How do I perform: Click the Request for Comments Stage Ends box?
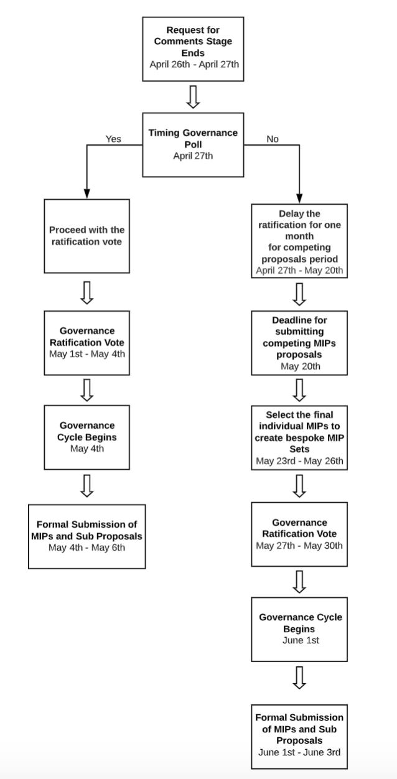click(193, 49)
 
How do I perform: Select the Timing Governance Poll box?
click(193, 144)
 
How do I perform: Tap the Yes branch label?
click(113, 139)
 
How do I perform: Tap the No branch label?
click(273, 139)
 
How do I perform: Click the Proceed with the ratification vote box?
click(87, 236)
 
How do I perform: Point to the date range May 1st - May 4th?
click(87, 354)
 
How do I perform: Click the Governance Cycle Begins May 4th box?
click(87, 437)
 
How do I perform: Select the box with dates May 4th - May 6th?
click(87, 536)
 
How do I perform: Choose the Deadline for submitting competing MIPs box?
click(299, 343)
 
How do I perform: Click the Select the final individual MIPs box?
click(299, 437)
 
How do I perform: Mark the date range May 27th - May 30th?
click(299, 546)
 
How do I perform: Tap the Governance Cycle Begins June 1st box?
click(299, 629)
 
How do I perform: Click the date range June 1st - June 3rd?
click(299, 752)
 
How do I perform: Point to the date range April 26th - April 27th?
click(194, 64)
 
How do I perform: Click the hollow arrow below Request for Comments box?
click(193, 97)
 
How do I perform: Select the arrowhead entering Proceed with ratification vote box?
click(87, 194)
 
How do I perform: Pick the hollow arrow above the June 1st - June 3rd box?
click(299, 678)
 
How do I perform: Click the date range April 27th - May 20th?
click(299, 271)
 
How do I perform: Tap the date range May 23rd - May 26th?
click(299, 461)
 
